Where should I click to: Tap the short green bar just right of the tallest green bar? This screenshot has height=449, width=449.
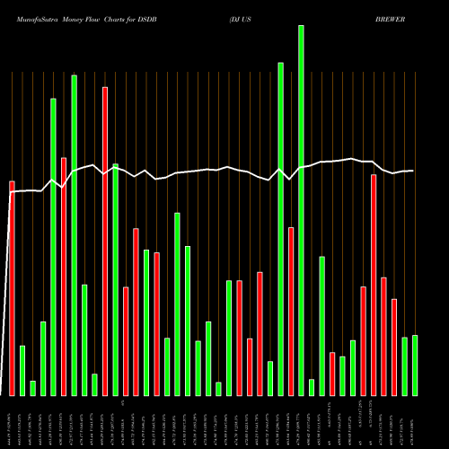[312, 387]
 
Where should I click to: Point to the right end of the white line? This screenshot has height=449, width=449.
[413, 171]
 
